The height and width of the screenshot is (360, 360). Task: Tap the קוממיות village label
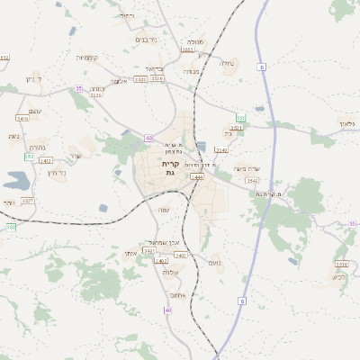[x=88, y=58]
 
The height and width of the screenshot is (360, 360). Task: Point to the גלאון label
[x=349, y=122]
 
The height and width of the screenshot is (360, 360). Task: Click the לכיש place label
[x=337, y=275]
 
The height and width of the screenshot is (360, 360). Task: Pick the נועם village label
[x=215, y=263]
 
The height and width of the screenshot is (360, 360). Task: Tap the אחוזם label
[x=176, y=294]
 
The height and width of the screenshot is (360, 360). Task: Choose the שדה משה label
[x=246, y=169]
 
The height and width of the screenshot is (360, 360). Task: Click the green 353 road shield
[x=240, y=118]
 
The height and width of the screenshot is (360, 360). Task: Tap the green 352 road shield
[x=29, y=157]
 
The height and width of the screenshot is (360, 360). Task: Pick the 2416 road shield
[x=22, y=118]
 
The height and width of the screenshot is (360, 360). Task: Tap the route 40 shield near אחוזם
[x=167, y=310]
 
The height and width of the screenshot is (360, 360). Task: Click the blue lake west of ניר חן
[x=16, y=179]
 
